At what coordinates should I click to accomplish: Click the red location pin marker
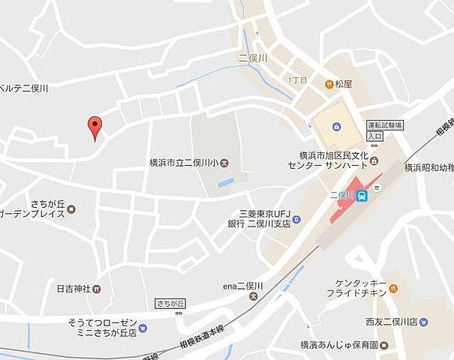coord(95,127)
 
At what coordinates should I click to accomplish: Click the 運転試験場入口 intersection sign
coord(385,130)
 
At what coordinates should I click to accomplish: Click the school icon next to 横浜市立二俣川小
coord(225,163)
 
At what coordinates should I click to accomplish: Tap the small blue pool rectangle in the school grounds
coord(226,183)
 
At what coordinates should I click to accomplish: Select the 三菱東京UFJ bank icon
coord(297,219)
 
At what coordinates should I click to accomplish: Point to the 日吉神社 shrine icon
coord(98,288)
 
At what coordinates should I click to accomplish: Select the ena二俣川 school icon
coord(253,297)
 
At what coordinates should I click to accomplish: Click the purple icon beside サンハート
coord(373,163)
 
